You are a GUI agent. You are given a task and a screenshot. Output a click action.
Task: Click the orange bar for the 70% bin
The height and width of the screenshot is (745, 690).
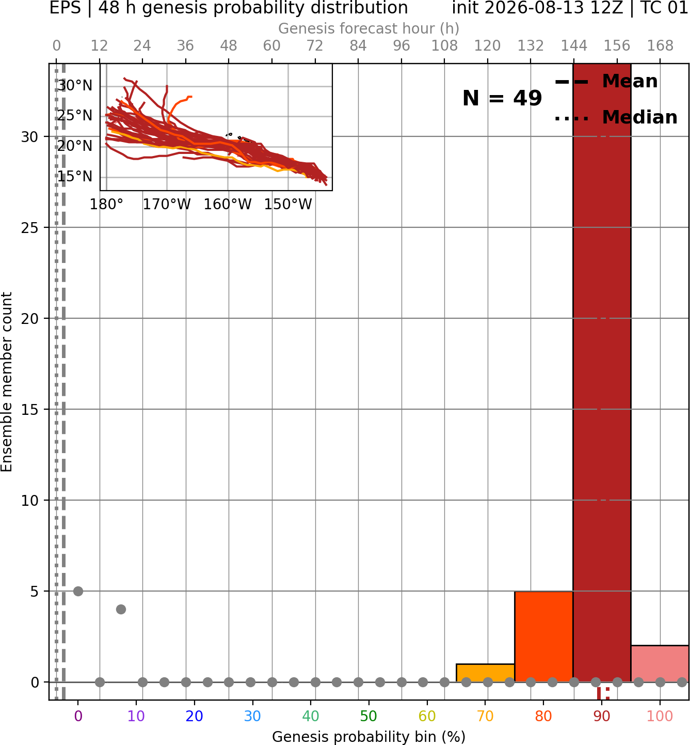point(485,673)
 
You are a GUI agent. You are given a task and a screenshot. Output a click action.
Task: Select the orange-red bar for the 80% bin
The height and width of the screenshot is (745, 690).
point(544,637)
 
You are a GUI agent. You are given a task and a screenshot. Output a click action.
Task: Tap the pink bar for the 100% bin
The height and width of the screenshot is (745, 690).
point(660,663)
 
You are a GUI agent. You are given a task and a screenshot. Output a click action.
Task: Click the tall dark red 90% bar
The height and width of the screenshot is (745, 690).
point(602,372)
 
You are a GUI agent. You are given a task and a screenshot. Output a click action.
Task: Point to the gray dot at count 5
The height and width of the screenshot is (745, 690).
point(78,591)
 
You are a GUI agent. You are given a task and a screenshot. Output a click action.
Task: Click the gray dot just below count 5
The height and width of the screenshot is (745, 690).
point(121,609)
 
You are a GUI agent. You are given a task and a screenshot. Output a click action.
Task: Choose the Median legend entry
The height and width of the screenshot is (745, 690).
point(616,117)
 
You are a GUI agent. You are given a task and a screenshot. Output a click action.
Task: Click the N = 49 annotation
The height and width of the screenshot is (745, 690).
point(502,98)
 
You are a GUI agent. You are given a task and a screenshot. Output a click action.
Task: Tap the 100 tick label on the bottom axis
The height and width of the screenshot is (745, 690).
point(660,716)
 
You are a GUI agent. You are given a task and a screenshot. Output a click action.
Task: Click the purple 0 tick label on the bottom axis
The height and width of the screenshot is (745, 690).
point(78,716)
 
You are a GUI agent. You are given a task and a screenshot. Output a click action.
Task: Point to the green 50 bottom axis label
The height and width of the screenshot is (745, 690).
point(368,716)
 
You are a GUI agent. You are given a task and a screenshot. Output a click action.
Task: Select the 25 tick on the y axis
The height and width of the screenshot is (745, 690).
point(30,228)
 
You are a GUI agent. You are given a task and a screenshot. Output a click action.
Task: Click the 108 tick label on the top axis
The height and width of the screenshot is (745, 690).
point(444,46)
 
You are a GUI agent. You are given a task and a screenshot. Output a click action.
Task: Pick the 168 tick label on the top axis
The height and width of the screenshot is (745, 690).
point(661,46)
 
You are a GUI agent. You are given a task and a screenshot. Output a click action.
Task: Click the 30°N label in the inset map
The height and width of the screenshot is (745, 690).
point(75,86)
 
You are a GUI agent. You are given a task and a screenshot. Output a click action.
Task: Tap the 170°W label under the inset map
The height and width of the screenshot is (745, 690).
point(167,205)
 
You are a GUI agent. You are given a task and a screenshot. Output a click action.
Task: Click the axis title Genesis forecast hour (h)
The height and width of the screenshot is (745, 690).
point(369,28)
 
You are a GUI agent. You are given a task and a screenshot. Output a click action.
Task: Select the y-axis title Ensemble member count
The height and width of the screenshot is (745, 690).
point(6,382)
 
